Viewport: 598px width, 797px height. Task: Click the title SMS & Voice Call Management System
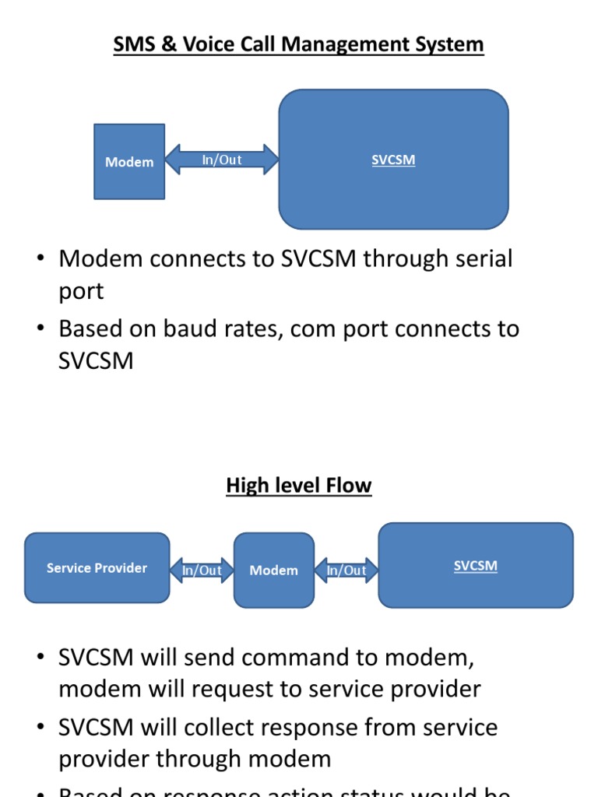coord(298,44)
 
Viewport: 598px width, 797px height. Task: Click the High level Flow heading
coord(298,486)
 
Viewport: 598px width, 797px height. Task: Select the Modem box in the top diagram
coord(129,162)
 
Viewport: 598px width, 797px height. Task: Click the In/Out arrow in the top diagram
coord(222,160)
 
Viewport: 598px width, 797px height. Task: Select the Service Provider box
coord(97,568)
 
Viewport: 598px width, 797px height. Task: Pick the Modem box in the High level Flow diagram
coord(273,571)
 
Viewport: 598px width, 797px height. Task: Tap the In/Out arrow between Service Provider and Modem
coord(202,571)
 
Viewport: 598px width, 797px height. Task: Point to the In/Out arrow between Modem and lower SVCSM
coord(346,571)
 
